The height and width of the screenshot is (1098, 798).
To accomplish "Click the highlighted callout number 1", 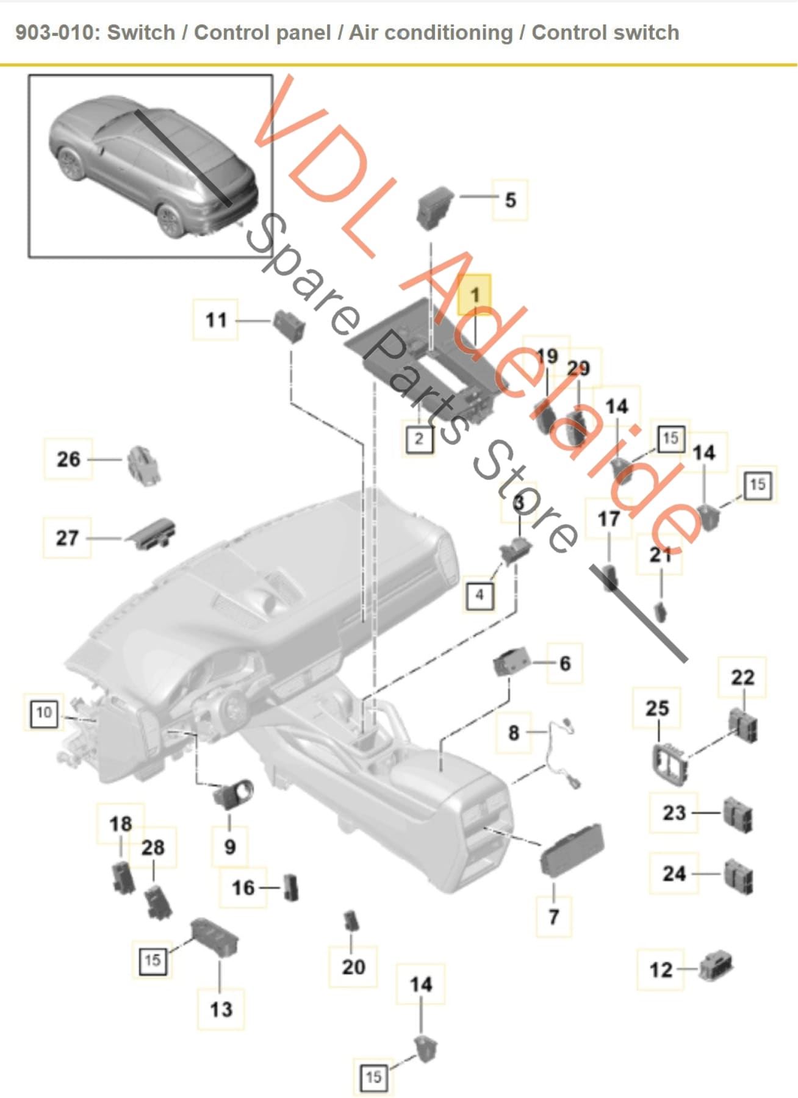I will [475, 295].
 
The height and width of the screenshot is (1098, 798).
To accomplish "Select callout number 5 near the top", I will [510, 199].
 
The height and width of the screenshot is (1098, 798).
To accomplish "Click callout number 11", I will [216, 320].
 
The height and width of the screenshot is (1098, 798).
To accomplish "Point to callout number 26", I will [68, 459].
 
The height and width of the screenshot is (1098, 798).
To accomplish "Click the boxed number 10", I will [43, 712].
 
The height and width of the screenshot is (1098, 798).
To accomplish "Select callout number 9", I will [229, 846].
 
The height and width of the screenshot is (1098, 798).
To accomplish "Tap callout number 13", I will [221, 1009].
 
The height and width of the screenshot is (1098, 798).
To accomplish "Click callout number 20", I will [353, 966].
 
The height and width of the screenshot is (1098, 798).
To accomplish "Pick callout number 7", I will [553, 916].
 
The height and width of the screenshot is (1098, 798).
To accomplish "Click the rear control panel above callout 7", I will [571, 849].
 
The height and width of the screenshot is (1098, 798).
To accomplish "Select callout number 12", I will [660, 969].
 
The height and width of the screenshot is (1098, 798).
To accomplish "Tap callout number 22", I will [742, 677].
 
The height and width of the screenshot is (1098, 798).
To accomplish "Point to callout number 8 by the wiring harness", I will [514, 732].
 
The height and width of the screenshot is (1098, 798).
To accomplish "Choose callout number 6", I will [565, 663].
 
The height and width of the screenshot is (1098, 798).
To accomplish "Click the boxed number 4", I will [480, 594].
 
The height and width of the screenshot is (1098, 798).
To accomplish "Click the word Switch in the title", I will [141, 32].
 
